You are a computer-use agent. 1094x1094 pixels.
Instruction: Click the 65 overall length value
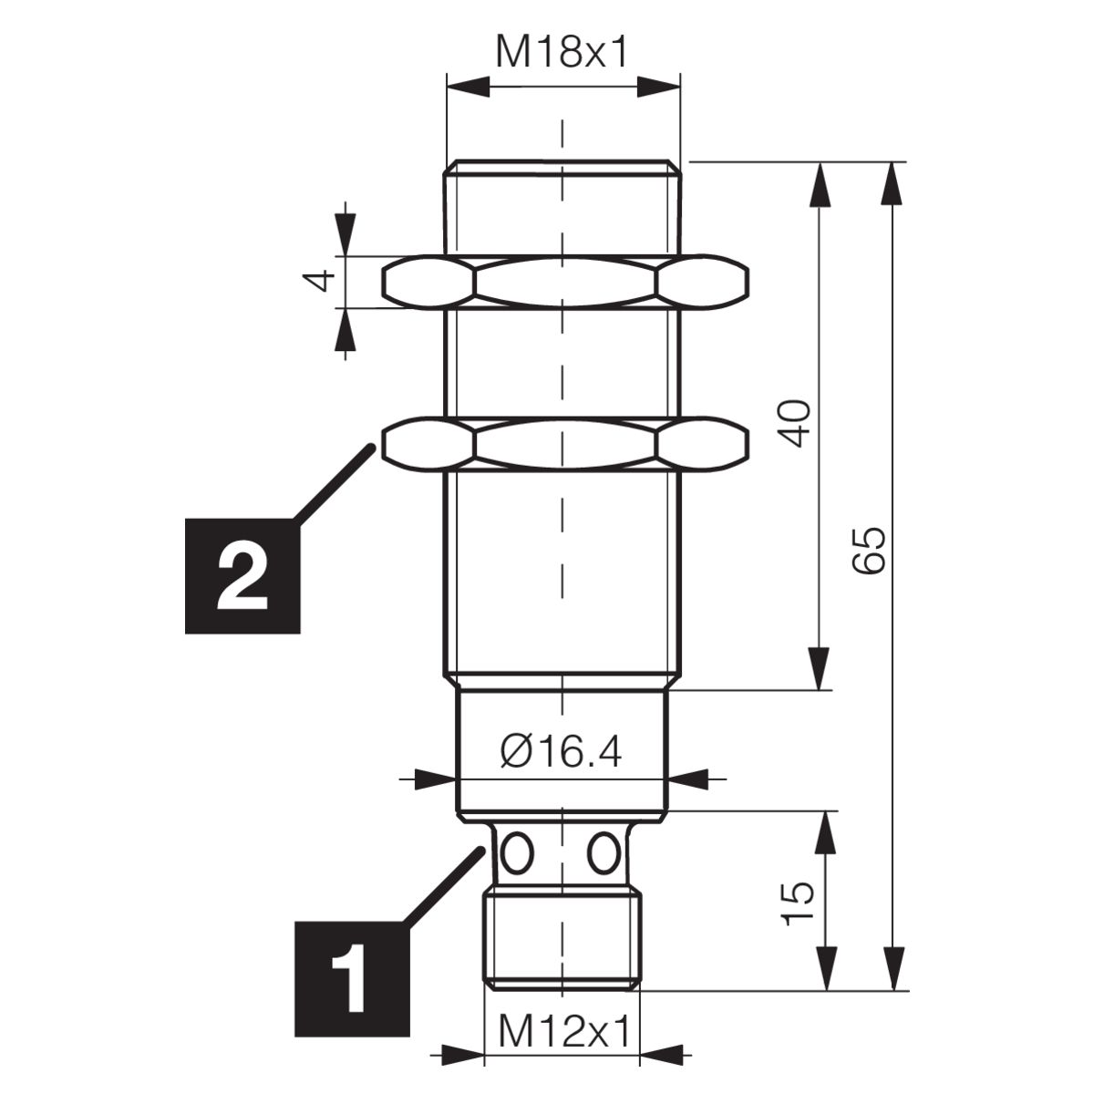pyautogui.click(x=869, y=550)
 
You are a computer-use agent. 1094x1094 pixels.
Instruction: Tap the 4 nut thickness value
pyautogui.click(x=319, y=281)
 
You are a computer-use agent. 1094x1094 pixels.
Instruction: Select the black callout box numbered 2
pyautogui.click(x=243, y=575)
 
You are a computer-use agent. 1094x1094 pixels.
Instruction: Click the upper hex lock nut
pyautogui.click(x=565, y=282)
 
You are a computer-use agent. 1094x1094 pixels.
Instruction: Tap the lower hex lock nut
pyautogui.click(x=565, y=444)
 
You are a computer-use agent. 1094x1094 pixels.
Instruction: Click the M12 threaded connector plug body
pyautogui.click(x=562, y=941)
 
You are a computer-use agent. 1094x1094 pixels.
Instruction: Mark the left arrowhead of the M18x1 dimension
pyautogui.click(x=468, y=88)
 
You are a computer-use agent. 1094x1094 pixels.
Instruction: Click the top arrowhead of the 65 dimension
pyautogui.click(x=893, y=183)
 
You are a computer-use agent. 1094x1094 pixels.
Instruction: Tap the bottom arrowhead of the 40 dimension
pyautogui.click(x=820, y=669)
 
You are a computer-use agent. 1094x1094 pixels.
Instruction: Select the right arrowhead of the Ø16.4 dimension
pyautogui.click(x=689, y=779)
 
